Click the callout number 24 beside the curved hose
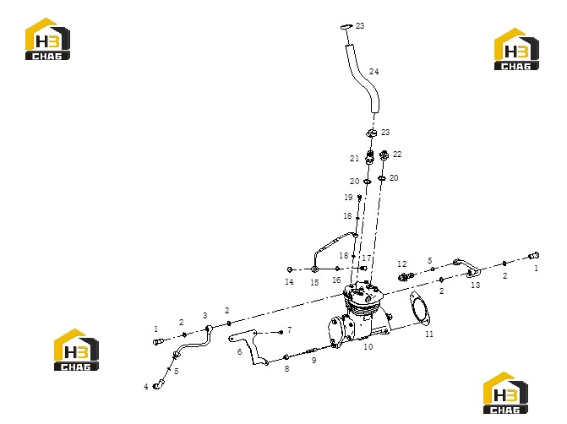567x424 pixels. pyautogui.click(x=373, y=72)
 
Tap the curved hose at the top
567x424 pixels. pyautogui.click(x=363, y=78)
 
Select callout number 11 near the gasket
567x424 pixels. pyautogui.click(x=429, y=334)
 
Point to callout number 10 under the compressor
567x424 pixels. pyautogui.click(x=368, y=346)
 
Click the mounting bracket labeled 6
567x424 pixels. pyautogui.click(x=249, y=346)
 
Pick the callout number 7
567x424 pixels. pyautogui.click(x=289, y=329)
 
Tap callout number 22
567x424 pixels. pyautogui.click(x=397, y=155)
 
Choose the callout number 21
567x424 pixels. pyautogui.click(x=354, y=158)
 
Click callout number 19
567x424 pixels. pyautogui.click(x=348, y=198)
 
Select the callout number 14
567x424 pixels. pyautogui.click(x=289, y=282)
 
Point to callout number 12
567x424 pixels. pyautogui.click(x=402, y=264)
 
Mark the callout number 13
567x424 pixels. pyautogui.click(x=476, y=285)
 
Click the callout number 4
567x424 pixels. pyautogui.click(x=145, y=387)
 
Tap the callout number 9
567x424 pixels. pyautogui.click(x=313, y=361)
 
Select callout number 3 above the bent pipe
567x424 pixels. pyautogui.click(x=205, y=316)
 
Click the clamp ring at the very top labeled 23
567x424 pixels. pyautogui.click(x=346, y=27)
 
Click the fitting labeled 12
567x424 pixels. pyautogui.click(x=406, y=277)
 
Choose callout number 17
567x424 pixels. pyautogui.click(x=366, y=258)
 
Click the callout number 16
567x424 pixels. pyautogui.click(x=336, y=280)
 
